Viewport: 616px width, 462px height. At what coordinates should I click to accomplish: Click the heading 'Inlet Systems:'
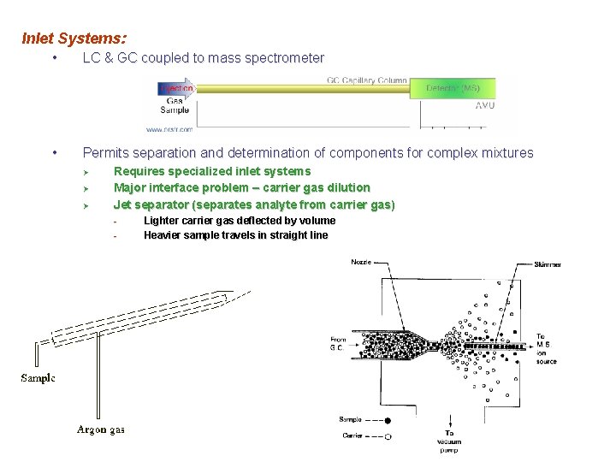(74, 38)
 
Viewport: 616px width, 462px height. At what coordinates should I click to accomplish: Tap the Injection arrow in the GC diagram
(176, 88)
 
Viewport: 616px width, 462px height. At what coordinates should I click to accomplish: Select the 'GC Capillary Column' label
(366, 80)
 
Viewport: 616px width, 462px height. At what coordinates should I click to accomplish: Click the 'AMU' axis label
(484, 105)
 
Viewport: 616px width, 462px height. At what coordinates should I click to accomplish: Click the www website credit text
(169, 129)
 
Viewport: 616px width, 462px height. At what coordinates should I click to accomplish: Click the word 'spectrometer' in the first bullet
(284, 58)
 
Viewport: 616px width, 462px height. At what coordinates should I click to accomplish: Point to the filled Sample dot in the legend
(388, 420)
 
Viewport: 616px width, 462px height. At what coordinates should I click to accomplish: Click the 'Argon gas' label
(101, 429)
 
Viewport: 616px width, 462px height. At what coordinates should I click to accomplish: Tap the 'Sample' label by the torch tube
(38, 378)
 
